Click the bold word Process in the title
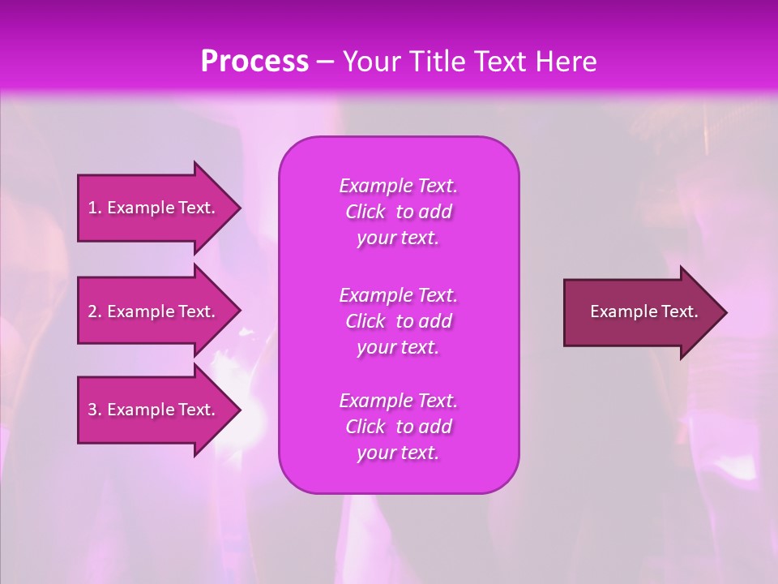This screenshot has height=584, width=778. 254,62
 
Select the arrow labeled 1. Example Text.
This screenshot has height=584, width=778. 154,208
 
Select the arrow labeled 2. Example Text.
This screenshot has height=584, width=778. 154,311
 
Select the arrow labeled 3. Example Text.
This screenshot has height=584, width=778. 154,410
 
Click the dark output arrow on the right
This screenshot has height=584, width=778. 640,312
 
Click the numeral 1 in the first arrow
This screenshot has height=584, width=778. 92,208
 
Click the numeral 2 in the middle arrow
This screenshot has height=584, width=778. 92,311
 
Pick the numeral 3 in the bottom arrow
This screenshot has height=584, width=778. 92,410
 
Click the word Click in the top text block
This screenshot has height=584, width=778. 365,212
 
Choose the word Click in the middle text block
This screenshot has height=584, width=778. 365,321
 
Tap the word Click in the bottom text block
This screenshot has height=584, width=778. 365,427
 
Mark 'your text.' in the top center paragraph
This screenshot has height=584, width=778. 398,238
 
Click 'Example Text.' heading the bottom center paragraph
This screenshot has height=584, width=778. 398,401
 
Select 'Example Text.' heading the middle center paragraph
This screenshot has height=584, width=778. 398,295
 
